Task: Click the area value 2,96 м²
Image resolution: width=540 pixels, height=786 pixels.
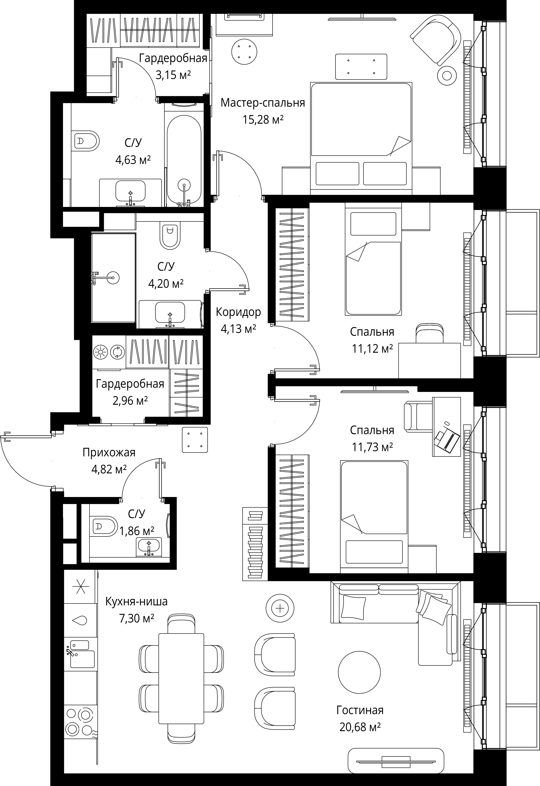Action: pyautogui.click(x=130, y=401)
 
